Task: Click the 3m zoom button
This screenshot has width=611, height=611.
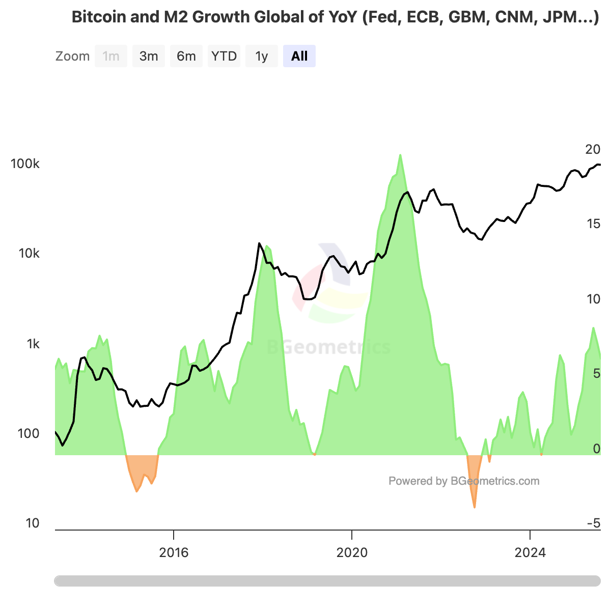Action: (x=149, y=56)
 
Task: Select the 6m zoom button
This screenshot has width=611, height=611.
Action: (x=186, y=56)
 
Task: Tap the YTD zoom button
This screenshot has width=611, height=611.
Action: (x=224, y=56)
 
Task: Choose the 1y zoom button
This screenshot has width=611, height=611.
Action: (x=262, y=56)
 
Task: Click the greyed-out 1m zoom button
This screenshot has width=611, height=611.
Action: (x=111, y=56)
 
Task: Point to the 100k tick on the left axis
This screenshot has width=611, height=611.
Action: (x=25, y=164)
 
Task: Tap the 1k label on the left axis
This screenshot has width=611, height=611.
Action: (x=33, y=344)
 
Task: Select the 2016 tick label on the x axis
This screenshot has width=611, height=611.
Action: (x=174, y=552)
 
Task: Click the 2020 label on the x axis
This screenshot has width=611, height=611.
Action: (x=352, y=552)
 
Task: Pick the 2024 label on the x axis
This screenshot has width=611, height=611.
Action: (x=530, y=552)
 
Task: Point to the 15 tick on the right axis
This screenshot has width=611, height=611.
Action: (x=593, y=224)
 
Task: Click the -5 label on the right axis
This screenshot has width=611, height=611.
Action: (x=594, y=523)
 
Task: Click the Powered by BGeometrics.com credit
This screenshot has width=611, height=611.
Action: (x=464, y=481)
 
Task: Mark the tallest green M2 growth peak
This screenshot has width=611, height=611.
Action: (x=400, y=155)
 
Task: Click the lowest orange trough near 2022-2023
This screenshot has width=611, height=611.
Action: (x=475, y=507)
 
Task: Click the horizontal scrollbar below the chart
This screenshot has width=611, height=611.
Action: (x=327, y=581)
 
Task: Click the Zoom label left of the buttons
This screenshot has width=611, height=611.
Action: (x=72, y=56)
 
